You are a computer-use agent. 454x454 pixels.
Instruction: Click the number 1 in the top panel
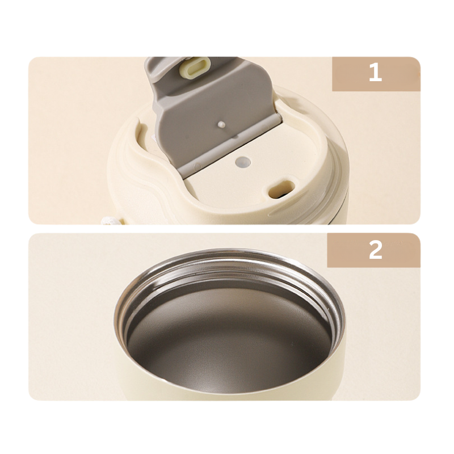tap(375, 73)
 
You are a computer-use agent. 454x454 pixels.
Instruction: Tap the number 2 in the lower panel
tap(375, 250)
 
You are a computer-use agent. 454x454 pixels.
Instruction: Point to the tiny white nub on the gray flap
tap(220, 123)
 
